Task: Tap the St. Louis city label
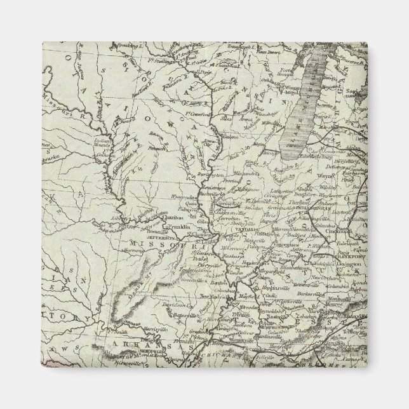tap(219, 241)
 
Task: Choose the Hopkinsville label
tap(291, 304)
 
